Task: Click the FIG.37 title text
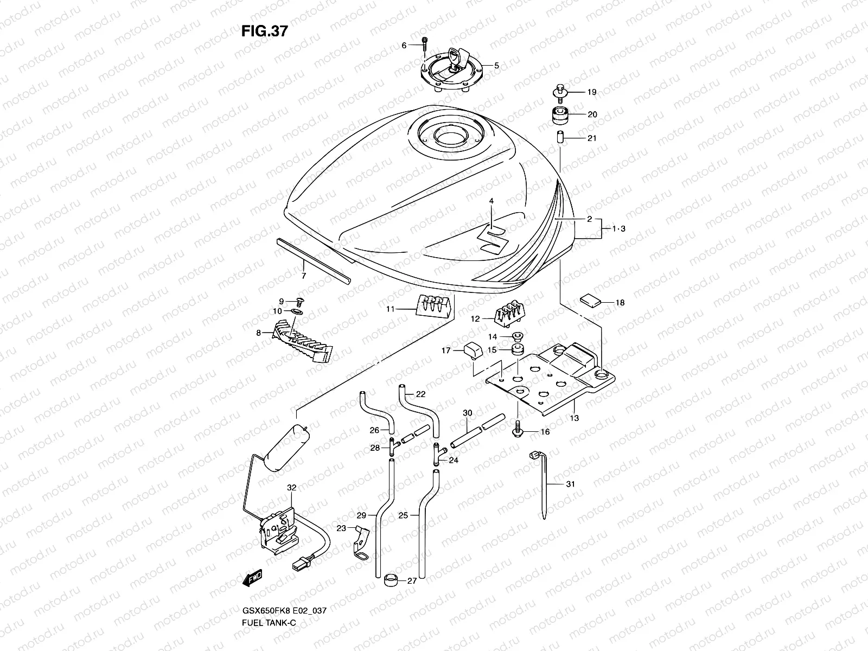(264, 31)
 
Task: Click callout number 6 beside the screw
(404, 46)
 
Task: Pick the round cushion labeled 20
(560, 115)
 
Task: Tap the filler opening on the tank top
(449, 135)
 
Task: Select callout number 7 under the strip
(304, 276)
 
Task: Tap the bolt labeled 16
(517, 430)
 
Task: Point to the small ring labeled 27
(390, 580)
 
